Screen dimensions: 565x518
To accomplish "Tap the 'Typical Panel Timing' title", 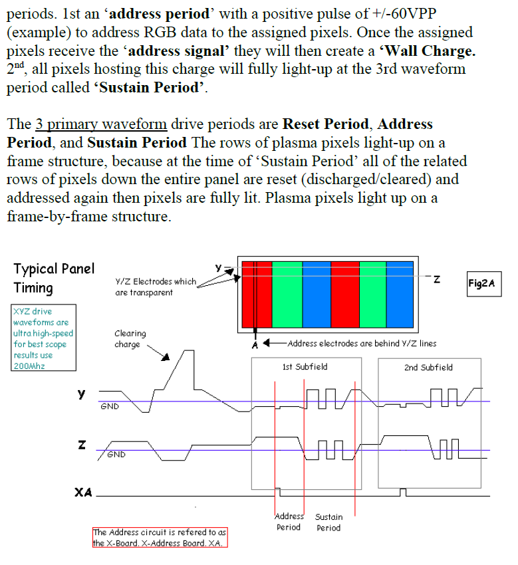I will coord(54,278).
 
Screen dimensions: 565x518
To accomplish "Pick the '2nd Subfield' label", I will coord(428,367).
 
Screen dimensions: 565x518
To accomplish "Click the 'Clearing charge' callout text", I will coord(130,338).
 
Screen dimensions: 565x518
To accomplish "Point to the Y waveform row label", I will coord(81,395).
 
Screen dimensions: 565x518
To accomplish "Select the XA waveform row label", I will coord(83,493).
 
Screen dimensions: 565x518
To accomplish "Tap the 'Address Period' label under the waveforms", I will coord(289,522).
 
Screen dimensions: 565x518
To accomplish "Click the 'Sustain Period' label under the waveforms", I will coord(328,522).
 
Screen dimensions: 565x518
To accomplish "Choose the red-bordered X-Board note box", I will coord(160,537).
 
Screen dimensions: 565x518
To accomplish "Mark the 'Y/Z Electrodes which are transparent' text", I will coord(155,286).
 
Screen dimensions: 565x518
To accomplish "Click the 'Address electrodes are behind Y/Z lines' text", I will coord(362,344).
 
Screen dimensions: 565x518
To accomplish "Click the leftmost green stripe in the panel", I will coord(287,294).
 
